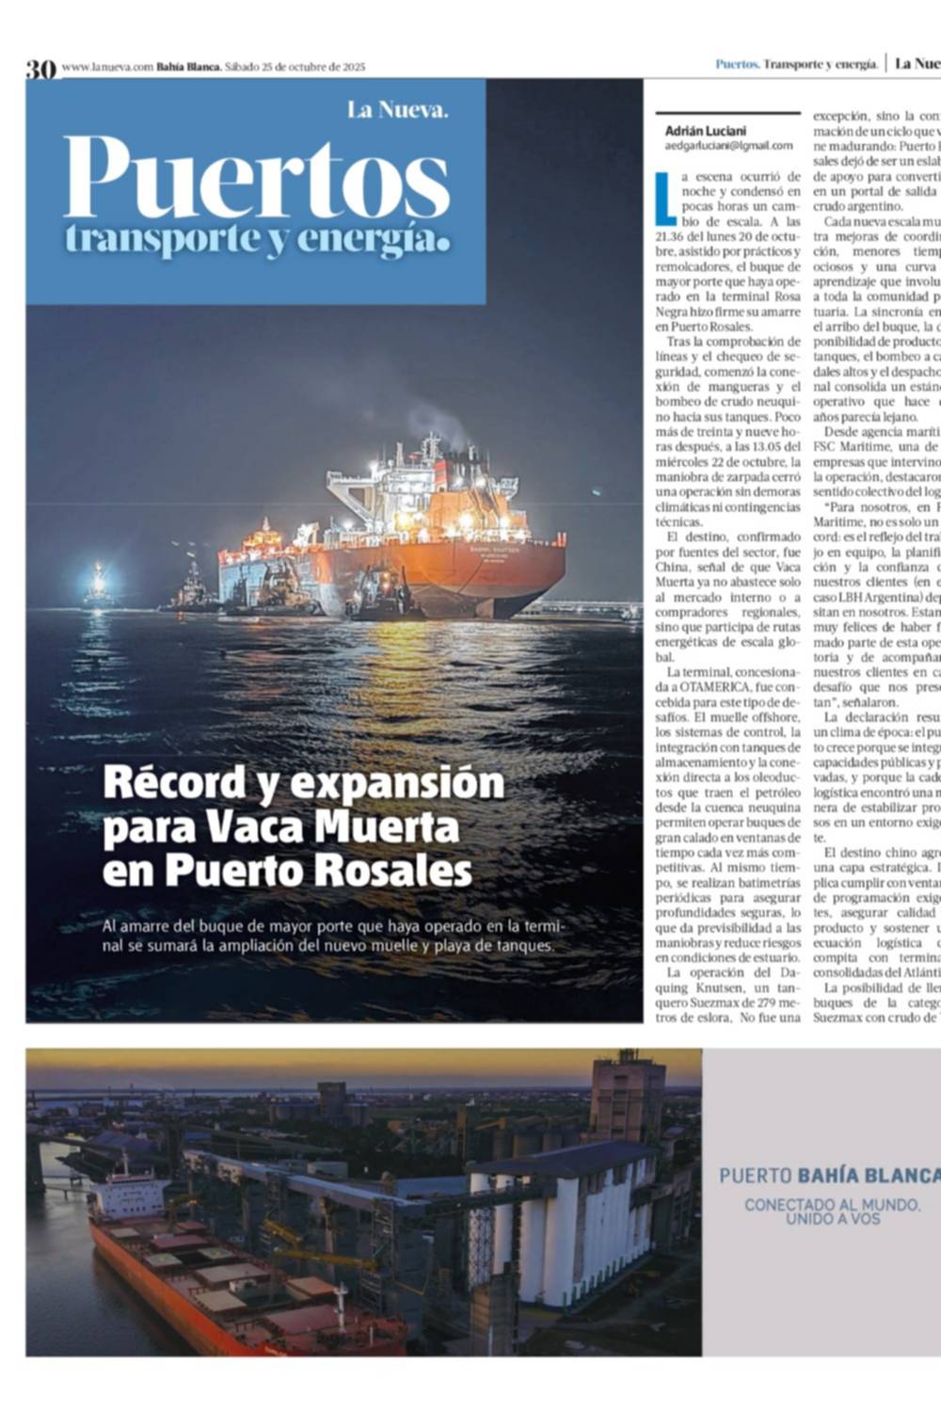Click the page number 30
[40, 68]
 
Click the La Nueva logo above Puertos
[397, 110]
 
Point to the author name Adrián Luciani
[705, 131]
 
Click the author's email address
[728, 146]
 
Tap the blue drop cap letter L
[664, 197]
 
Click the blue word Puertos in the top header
[736, 64]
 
